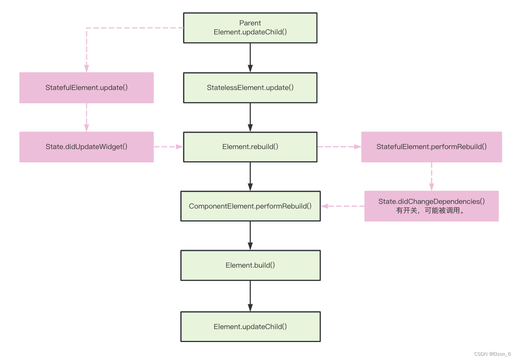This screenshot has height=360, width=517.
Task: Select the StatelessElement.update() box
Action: (250, 88)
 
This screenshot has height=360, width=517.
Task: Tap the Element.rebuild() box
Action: (250, 147)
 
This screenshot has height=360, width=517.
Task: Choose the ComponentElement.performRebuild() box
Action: (250, 206)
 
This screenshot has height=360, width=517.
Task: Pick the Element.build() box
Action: (250, 265)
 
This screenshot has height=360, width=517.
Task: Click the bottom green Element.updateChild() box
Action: (250, 327)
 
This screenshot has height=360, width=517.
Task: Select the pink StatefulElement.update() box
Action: (86, 88)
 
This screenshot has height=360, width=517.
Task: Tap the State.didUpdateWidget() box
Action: (86, 147)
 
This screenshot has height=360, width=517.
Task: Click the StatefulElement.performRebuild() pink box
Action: (431, 147)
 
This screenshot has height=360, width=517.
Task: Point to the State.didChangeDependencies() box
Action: (431, 201)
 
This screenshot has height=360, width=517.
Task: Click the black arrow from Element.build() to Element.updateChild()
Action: (250, 296)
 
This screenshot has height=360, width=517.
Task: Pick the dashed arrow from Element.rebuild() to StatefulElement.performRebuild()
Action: (339, 147)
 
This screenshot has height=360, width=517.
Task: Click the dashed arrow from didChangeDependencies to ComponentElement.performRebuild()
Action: (343, 206)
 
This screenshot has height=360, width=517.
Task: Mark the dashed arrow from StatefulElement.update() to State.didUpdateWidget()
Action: (86, 117)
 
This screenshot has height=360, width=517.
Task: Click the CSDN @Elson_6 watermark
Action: (492, 354)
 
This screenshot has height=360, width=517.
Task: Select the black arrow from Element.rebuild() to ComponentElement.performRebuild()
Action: (250, 176)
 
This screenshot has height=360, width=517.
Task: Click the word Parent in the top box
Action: (250, 23)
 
